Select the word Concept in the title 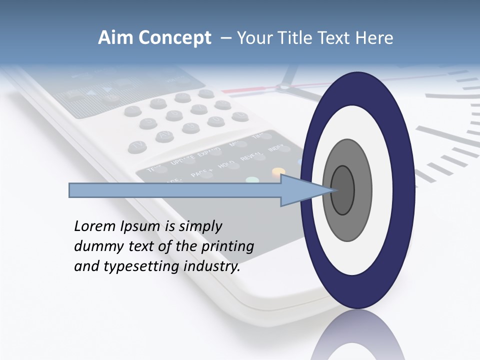click(174, 38)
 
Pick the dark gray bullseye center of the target click(342, 190)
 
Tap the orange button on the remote click(278, 172)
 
